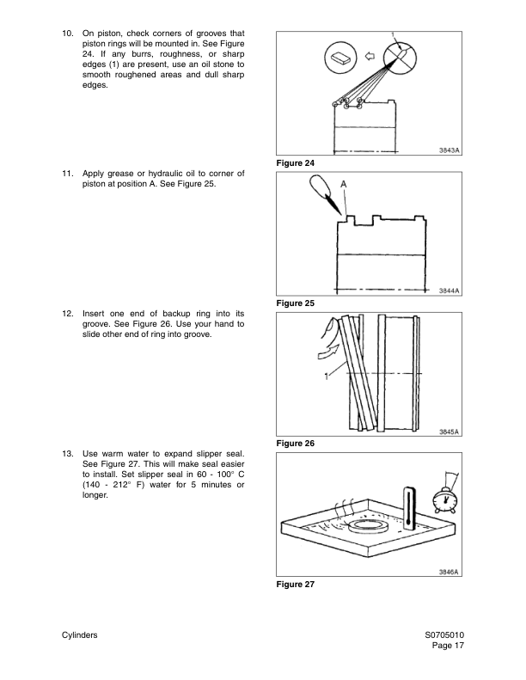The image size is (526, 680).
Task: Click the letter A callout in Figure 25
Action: click(x=344, y=185)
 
